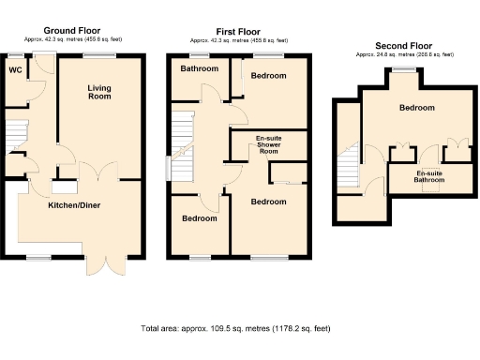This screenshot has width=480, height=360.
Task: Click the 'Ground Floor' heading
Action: [72, 31]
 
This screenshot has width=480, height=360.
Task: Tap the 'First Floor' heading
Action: [237, 31]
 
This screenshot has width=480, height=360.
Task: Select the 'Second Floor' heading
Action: [404, 46]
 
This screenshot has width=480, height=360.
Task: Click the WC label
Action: [15, 69]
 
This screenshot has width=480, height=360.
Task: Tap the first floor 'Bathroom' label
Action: [199, 69]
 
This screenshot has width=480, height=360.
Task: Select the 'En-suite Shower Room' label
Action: [269, 146]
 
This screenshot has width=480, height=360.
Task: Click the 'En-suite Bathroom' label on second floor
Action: [429, 178]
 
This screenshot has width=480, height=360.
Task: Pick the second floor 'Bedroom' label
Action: [417, 108]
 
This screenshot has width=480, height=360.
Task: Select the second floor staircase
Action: [350, 168]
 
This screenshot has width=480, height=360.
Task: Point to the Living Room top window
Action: [97, 56]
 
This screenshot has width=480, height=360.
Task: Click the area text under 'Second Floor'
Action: [404, 55]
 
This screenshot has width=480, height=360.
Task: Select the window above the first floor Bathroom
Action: [197, 56]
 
